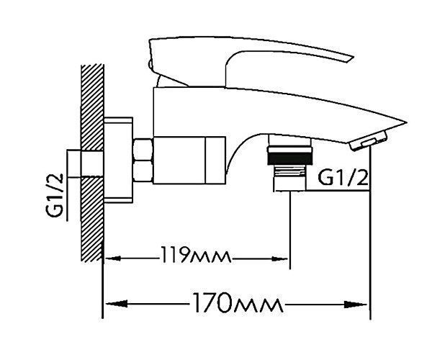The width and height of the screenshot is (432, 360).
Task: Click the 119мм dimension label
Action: click(196, 255)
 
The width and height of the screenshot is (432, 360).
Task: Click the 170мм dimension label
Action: click(238, 302)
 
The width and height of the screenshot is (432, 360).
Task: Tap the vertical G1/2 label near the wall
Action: click(55, 195)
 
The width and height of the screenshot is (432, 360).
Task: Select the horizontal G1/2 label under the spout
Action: click(343, 178)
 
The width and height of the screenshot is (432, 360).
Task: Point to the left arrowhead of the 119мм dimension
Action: click(113, 258)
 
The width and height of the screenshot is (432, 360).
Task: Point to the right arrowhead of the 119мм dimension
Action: click(279, 258)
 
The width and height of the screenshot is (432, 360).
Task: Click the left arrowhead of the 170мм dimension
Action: click(117, 304)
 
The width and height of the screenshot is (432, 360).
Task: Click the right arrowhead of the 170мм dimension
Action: click(356, 305)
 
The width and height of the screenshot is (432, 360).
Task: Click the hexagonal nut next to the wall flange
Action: click(143, 161)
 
